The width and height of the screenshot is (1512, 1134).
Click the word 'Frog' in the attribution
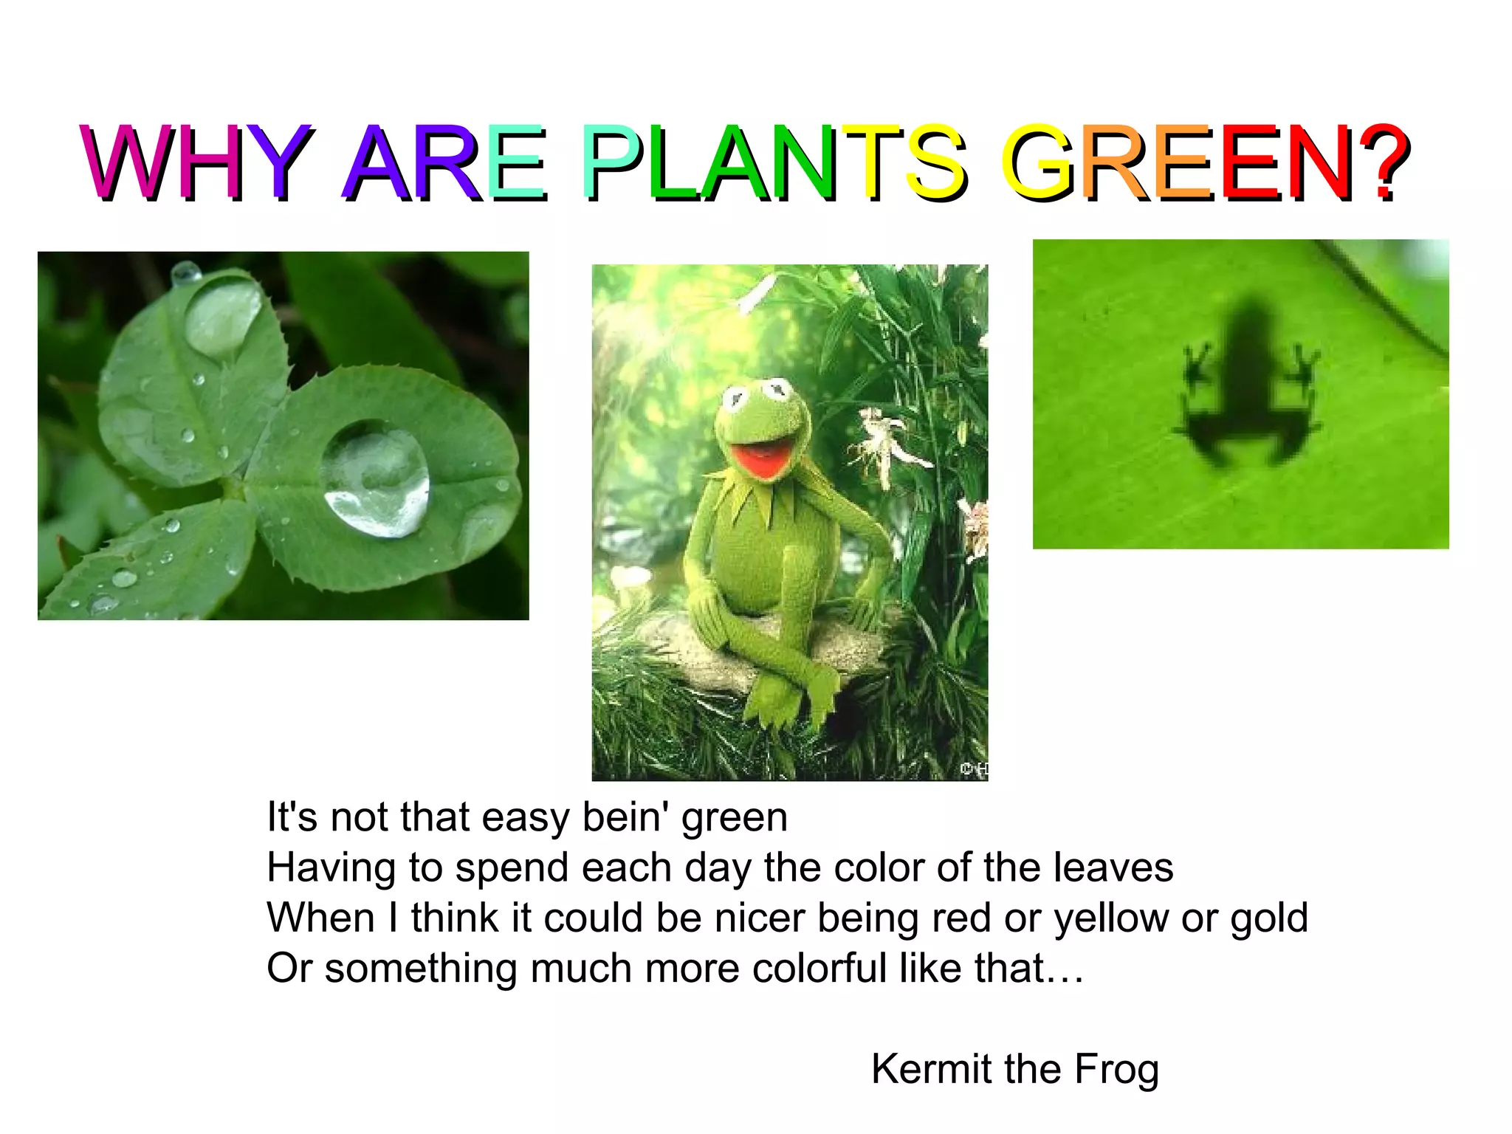click(1116, 1069)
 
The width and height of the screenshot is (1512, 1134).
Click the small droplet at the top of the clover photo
click(185, 273)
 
